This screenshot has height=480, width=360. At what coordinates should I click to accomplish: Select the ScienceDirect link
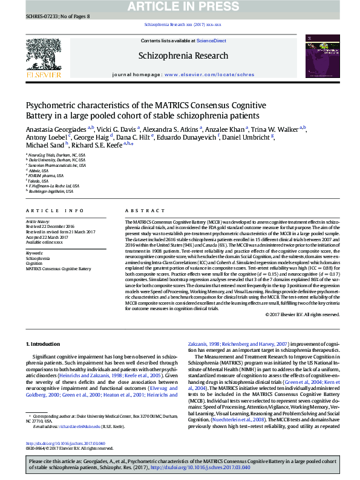coord(211,41)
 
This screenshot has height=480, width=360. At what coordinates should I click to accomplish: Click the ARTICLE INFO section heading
coord(54,210)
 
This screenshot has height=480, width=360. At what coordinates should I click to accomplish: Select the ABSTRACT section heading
coord(141,210)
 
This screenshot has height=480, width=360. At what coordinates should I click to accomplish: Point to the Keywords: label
coord(34,253)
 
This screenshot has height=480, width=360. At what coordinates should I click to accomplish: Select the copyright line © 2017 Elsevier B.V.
coord(289,315)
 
